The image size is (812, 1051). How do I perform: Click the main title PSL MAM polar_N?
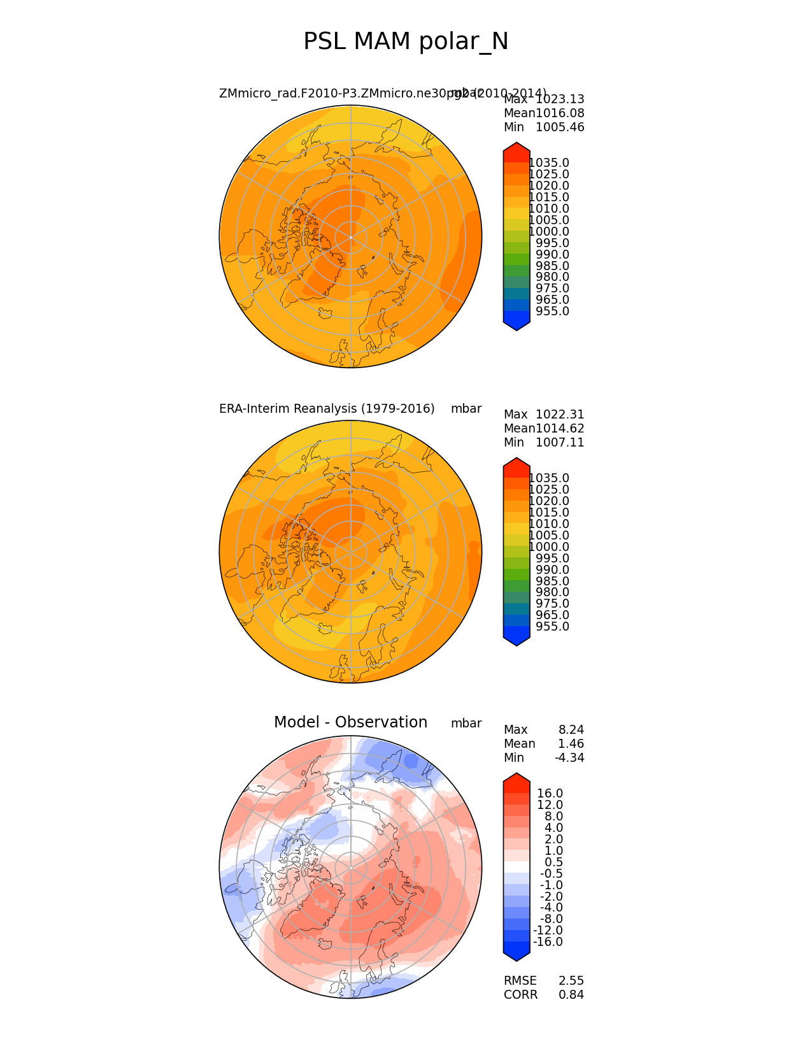(x=406, y=42)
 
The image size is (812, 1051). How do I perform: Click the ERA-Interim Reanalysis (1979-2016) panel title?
(x=327, y=409)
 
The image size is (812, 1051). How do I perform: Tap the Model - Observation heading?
(x=350, y=722)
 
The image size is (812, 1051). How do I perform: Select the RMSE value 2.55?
(x=571, y=981)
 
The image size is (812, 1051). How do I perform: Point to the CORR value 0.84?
(x=571, y=995)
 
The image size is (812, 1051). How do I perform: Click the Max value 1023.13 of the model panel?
(x=560, y=99)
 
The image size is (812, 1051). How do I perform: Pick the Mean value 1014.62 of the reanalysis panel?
(x=560, y=429)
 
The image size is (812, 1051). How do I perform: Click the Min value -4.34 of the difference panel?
(x=569, y=758)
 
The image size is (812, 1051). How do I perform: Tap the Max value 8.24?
(x=571, y=730)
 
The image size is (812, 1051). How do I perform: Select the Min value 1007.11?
(x=560, y=443)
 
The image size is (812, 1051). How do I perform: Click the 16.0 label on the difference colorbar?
(x=550, y=794)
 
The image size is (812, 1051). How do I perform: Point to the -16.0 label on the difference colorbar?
(x=548, y=942)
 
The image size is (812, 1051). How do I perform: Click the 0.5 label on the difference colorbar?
(x=553, y=862)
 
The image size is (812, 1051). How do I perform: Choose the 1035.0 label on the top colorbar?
(x=549, y=163)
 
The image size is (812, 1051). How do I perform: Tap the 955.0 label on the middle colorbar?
(x=552, y=627)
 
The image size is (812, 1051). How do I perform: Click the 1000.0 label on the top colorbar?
(x=549, y=232)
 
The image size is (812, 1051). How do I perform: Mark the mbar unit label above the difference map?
(x=466, y=724)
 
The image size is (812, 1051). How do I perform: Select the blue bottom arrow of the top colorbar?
(x=516, y=324)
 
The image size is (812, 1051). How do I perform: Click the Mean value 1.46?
(x=571, y=744)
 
